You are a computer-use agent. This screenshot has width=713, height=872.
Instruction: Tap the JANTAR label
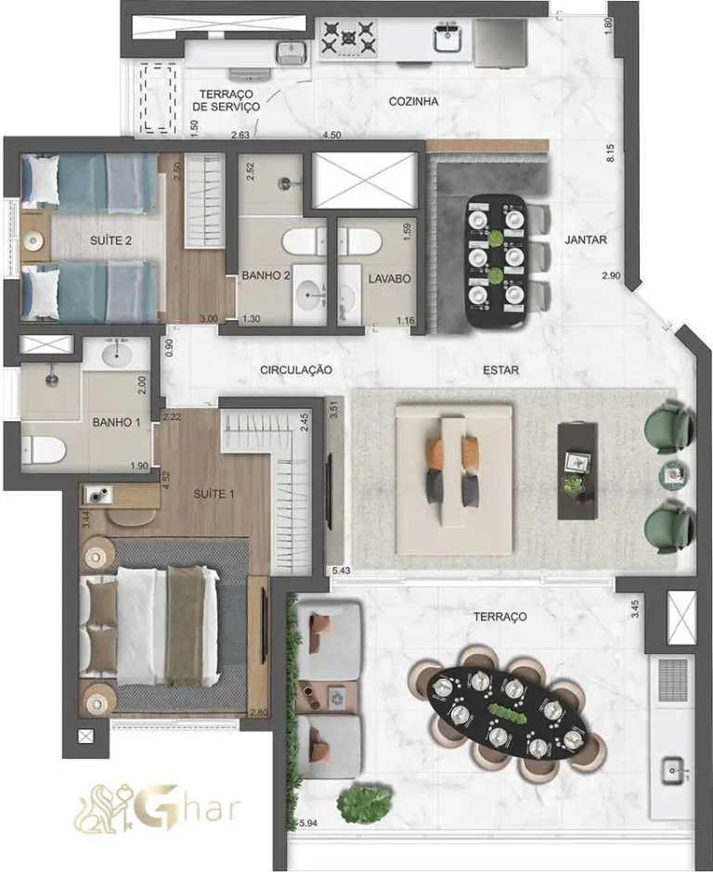[x=585, y=239]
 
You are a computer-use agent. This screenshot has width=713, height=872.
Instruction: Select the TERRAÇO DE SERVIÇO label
[x=226, y=100]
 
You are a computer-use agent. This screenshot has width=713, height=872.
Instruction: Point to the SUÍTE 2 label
[x=110, y=240]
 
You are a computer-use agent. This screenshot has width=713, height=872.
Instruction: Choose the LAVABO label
[x=389, y=277]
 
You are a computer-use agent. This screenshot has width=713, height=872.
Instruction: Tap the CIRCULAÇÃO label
[x=295, y=369]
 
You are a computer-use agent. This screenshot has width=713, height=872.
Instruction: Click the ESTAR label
[x=500, y=370]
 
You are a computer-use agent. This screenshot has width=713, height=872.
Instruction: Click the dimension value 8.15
[x=610, y=153]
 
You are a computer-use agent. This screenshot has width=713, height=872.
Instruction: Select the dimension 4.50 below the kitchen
[x=331, y=135]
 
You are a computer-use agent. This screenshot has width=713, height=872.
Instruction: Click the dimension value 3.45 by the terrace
[x=636, y=610]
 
